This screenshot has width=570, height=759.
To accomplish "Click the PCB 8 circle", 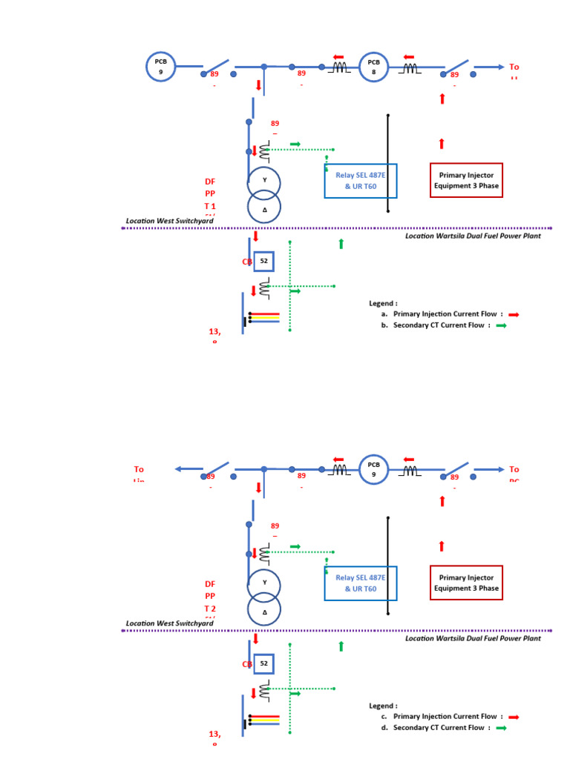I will pos(374,67).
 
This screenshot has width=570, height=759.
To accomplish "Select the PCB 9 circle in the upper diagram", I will pos(160,67).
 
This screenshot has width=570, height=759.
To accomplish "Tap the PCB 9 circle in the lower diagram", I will pos(374,469).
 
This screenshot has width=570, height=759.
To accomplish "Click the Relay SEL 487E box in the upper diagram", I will pos(361,181).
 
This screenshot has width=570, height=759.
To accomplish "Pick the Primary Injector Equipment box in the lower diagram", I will pos(467,583).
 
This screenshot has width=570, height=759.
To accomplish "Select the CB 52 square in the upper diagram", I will pos(263,261).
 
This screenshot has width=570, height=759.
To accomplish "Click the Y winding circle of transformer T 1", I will pos(264,180).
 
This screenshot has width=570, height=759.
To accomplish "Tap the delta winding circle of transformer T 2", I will pos(264,612).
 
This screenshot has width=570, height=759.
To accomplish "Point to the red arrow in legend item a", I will pos(514,314).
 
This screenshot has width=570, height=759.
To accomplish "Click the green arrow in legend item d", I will pos(502,729).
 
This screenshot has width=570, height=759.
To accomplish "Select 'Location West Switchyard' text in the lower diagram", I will pos(169,623).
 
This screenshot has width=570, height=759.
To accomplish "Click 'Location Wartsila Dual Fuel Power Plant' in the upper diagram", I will pos(473,236).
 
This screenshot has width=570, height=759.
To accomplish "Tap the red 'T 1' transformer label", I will pos(210,206).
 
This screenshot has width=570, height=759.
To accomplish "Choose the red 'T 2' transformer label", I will pos(210,609).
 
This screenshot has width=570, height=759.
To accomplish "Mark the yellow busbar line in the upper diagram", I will pos(265,318).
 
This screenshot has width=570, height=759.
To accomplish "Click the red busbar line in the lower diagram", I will pos(265,716).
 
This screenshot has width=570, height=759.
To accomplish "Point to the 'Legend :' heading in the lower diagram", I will pos(383,706).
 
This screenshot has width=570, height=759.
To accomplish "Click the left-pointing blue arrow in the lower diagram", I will pos(189,469).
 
